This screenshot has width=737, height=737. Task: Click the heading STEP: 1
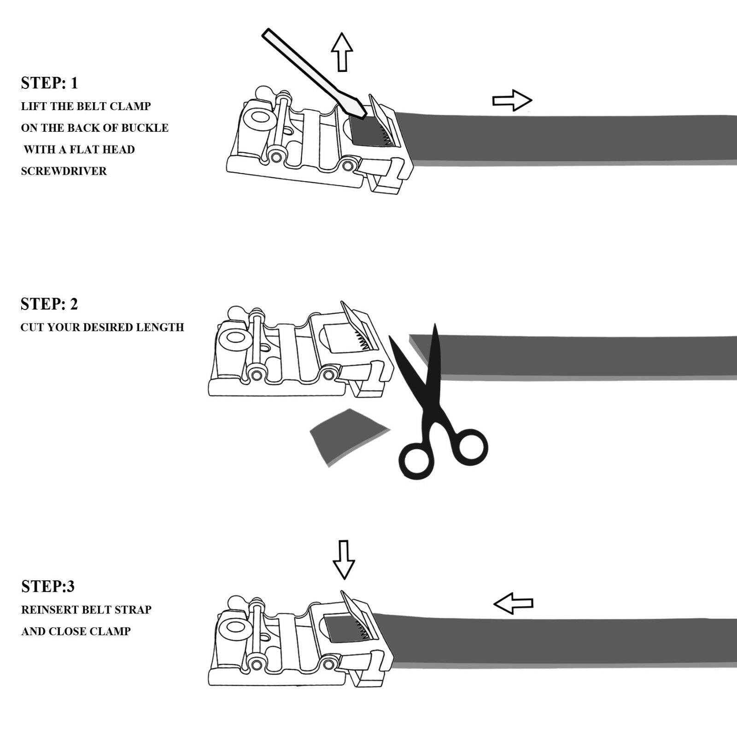49,83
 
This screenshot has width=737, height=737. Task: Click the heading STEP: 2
49,304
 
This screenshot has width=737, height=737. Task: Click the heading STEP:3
48,586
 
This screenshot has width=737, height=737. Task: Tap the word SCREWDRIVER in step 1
64,171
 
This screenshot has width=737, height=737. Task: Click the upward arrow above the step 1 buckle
342,51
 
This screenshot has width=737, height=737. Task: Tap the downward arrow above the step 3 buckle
344,559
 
